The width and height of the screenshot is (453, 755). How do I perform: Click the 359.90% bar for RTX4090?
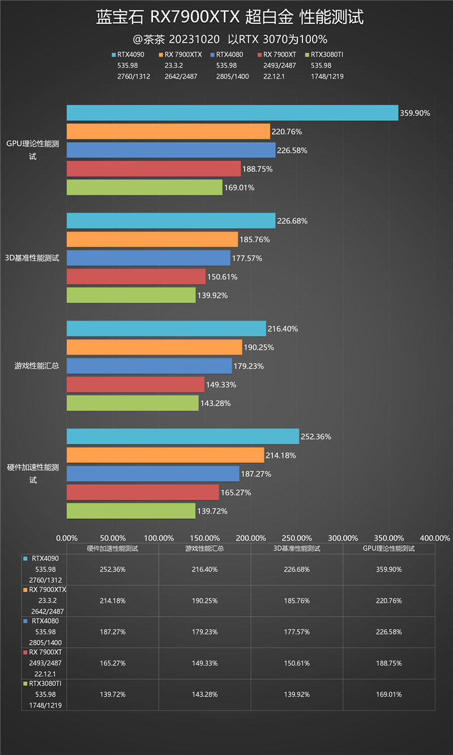[232, 113]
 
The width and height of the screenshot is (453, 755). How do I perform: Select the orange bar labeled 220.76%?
[168, 131]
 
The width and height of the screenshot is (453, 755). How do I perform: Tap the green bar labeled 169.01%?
[144, 187]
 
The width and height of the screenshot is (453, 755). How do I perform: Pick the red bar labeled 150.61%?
[136, 276]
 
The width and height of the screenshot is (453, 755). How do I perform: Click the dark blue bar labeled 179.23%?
[149, 366]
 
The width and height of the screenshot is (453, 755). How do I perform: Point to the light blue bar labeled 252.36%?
[182, 437]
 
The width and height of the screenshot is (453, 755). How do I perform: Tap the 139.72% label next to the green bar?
[212, 511]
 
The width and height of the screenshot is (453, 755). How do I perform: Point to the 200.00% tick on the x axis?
[251, 538]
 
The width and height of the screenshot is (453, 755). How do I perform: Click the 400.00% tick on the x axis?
[435, 538]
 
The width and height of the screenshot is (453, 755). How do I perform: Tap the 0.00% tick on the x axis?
[67, 538]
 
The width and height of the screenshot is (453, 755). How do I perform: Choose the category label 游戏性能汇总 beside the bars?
[37, 366]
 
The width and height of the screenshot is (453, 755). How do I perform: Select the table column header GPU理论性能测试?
[388, 548]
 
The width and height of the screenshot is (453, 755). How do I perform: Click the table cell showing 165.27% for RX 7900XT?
[112, 663]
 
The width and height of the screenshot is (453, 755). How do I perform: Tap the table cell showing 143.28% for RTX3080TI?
[204, 694]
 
